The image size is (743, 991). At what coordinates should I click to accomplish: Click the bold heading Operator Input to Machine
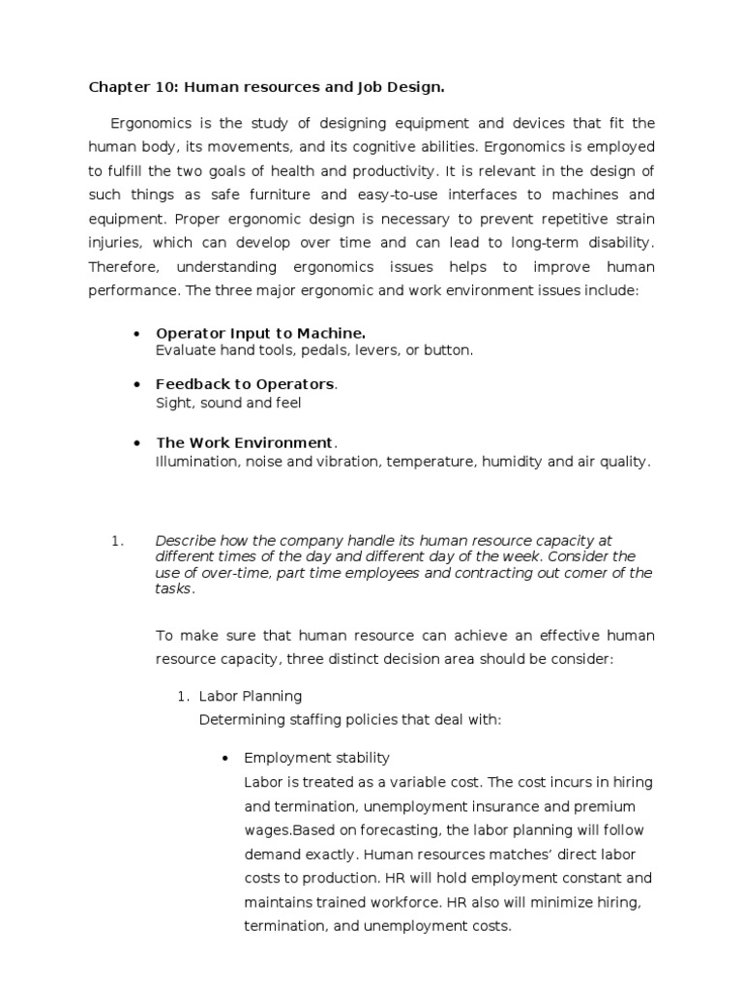point(260,334)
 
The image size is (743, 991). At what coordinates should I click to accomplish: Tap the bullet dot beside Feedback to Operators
point(136,384)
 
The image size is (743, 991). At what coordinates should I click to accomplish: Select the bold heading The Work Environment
point(244,443)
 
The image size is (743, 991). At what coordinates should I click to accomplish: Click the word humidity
point(514,462)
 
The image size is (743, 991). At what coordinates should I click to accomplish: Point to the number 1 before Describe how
point(118,541)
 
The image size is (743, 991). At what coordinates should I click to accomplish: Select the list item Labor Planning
point(251,696)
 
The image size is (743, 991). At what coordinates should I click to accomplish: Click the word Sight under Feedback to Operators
point(172,401)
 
